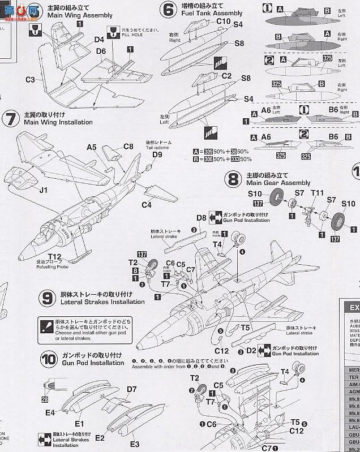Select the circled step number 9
tap(48, 298)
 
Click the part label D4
tap(99, 40)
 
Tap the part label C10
tap(208, 21)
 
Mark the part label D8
tap(202, 218)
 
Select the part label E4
tap(50, 413)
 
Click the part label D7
tap(132, 389)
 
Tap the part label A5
tap(92, 147)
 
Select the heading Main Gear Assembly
tap(278, 183)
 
